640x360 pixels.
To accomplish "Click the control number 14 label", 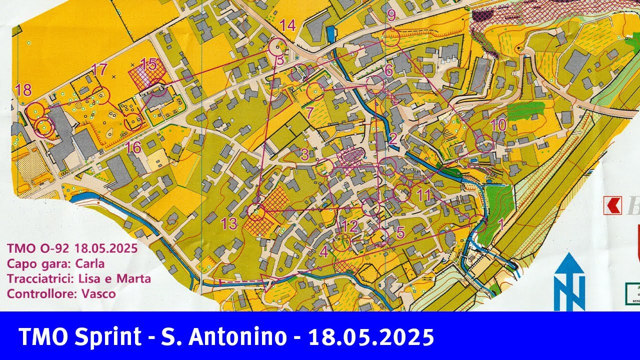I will tap(287, 25).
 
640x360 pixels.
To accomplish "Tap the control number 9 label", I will tap(391, 15).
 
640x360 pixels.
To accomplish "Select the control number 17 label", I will tap(100, 69).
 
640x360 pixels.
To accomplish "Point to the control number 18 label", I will tap(23, 90).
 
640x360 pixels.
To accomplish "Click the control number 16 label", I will tap(133, 147).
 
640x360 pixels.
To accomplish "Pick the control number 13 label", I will tap(229, 224).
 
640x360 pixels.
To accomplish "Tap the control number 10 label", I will tap(498, 125).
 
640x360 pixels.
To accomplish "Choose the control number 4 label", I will tap(324, 251).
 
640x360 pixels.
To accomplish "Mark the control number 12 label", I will tap(349, 226).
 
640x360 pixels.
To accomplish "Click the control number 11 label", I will tap(423, 195).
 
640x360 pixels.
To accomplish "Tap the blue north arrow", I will tap(569, 282).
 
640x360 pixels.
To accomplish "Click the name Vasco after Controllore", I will tap(99, 293).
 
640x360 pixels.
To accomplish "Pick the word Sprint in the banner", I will tap(108, 337).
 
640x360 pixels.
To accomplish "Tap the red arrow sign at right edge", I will tap(612, 205).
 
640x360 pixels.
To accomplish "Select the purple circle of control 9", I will tap(391, 37).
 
